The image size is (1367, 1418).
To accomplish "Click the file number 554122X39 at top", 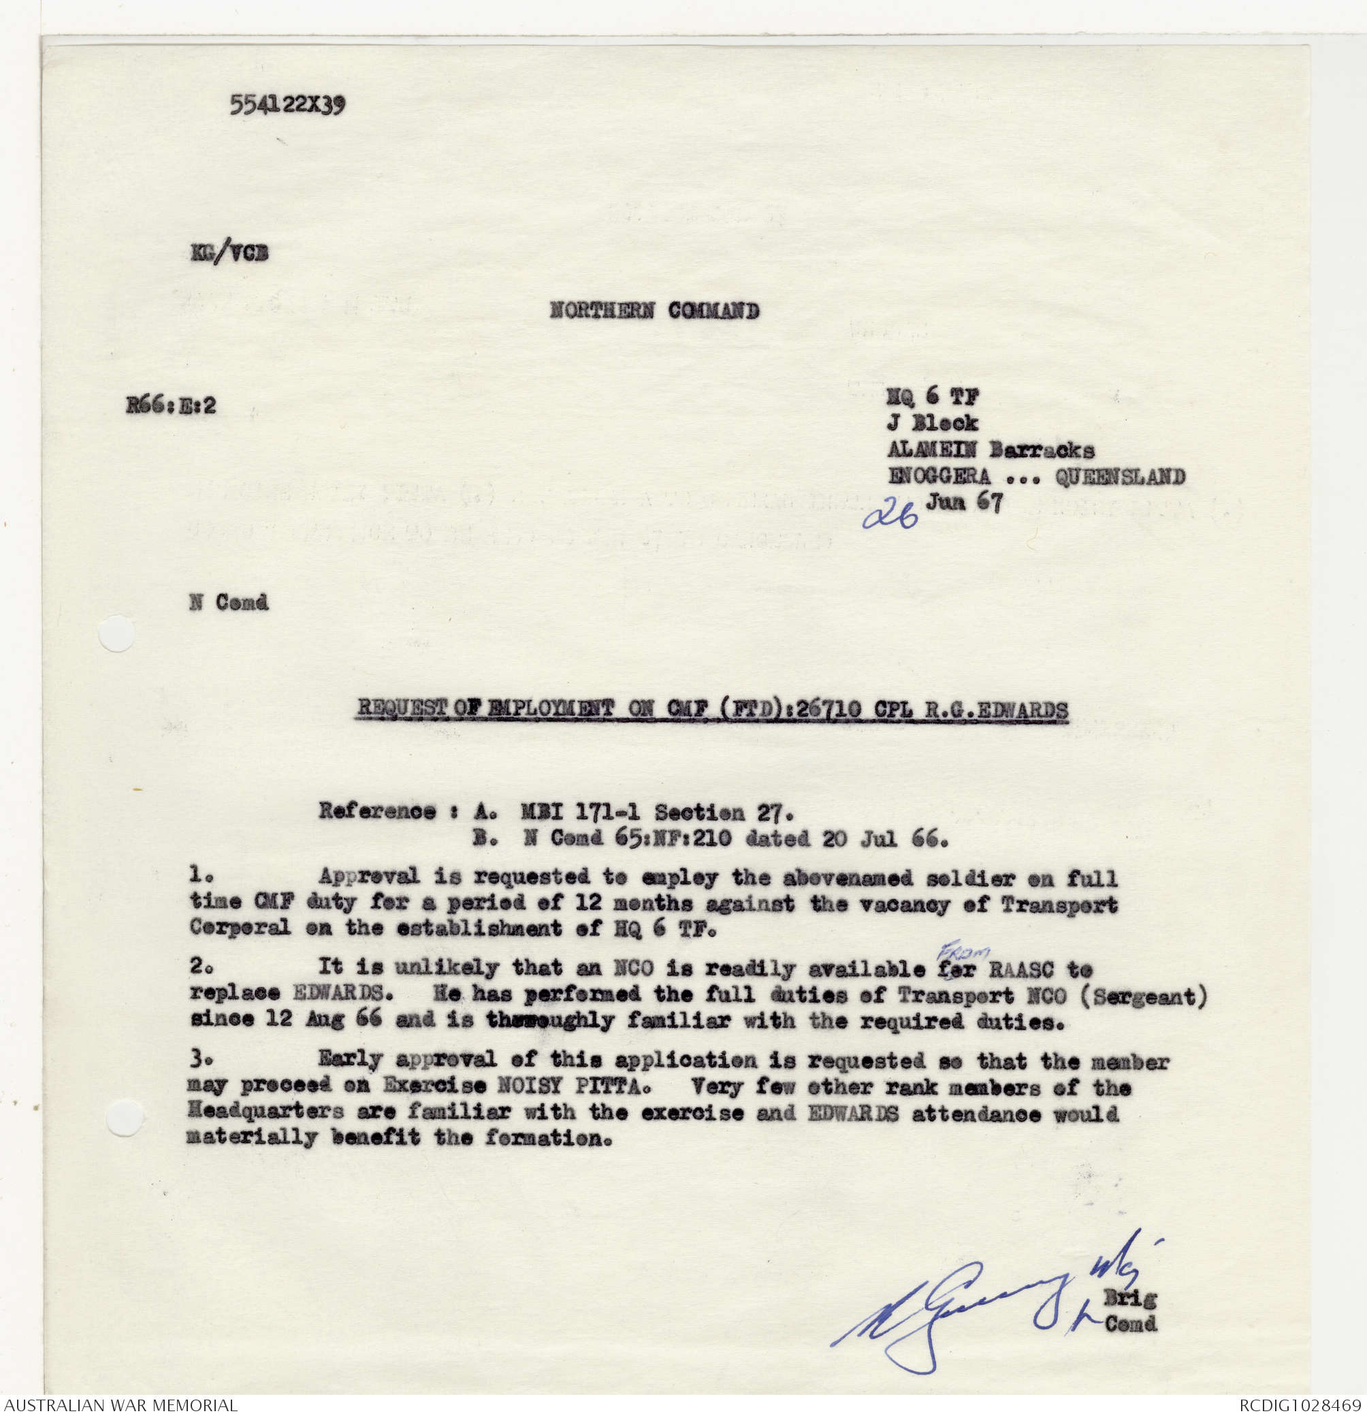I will [287, 106].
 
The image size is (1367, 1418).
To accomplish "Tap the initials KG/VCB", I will [229, 253].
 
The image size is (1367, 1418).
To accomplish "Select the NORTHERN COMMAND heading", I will [654, 311].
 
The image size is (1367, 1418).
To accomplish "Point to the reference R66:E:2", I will [171, 405].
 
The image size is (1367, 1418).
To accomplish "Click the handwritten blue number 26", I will [890, 515].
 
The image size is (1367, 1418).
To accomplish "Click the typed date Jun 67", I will [965, 502].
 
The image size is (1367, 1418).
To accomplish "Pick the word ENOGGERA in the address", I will [939, 476].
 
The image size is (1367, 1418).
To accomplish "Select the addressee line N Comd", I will [229, 602].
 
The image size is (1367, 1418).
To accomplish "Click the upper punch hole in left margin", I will [116, 634].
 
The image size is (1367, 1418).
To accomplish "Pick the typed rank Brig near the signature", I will [1130, 1298].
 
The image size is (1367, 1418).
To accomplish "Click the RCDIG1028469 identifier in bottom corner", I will [1299, 1406].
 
